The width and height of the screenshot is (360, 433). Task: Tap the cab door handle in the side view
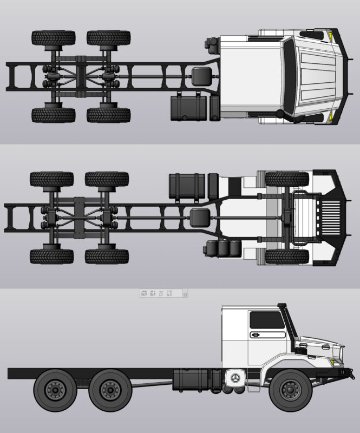point(254,335)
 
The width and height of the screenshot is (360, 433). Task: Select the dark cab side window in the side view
point(267,320)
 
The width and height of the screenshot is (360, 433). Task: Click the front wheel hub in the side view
point(291,389)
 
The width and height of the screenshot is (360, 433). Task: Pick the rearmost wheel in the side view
point(55,389)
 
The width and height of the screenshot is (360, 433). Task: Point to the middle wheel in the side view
point(110,389)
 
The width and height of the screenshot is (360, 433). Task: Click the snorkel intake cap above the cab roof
point(281,306)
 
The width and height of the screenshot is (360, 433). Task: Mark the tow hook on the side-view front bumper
point(351,373)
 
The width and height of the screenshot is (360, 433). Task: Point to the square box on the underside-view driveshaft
point(199,218)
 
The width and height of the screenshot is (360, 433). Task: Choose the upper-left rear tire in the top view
point(53,38)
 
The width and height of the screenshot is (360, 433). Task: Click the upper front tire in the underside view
point(287,179)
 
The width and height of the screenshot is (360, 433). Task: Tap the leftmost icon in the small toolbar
point(144,293)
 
